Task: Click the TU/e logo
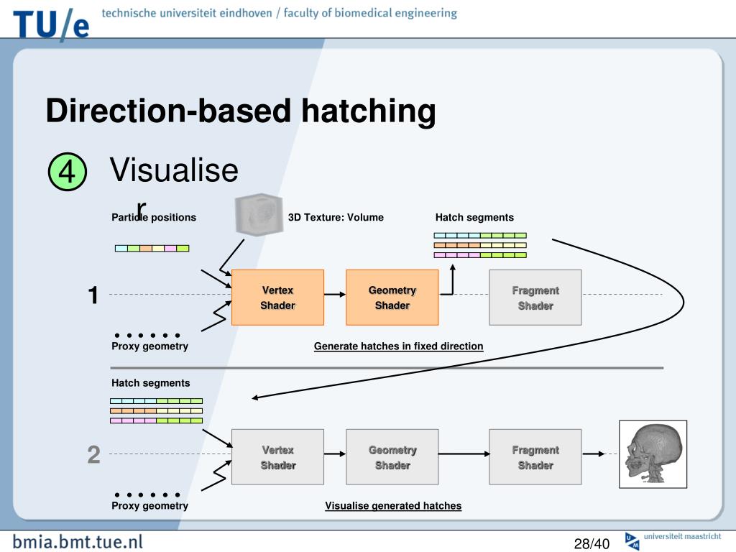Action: pyautogui.click(x=51, y=24)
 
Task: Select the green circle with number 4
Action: pyautogui.click(x=68, y=171)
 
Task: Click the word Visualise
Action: pyautogui.click(x=174, y=170)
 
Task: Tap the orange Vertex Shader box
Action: pyautogui.click(x=278, y=298)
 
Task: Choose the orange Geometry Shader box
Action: pyautogui.click(x=392, y=298)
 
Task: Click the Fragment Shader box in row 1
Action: pyautogui.click(x=535, y=298)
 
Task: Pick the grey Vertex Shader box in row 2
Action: pyautogui.click(x=278, y=457)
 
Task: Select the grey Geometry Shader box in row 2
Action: pyautogui.click(x=392, y=457)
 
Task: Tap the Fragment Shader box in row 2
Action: pyautogui.click(x=535, y=457)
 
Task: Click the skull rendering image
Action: pyautogui.click(x=653, y=454)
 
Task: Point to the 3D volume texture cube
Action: pyautogui.click(x=259, y=214)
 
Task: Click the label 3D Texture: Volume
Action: pyautogui.click(x=336, y=217)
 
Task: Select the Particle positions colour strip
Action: pyautogui.click(x=152, y=248)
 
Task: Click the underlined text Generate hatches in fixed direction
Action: pyautogui.click(x=398, y=346)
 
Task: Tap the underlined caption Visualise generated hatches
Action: pyautogui.click(x=393, y=506)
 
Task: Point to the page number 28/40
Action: pyautogui.click(x=592, y=543)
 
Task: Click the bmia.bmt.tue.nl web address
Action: pyautogui.click(x=78, y=542)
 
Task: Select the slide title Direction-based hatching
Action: pyautogui.click(x=241, y=111)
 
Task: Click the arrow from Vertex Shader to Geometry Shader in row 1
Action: pyautogui.click(x=335, y=294)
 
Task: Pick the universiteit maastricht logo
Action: pyautogui.click(x=673, y=540)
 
